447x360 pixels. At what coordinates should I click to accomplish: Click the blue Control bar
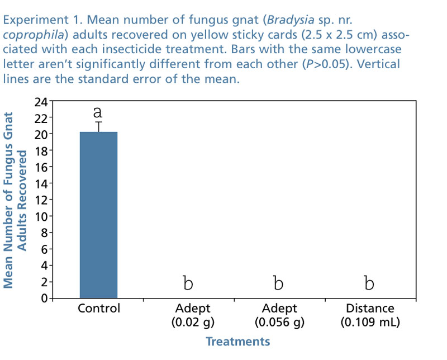point(98,215)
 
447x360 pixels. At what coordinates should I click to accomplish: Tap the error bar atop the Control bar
point(98,126)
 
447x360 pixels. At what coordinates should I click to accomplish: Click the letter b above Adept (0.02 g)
point(188,283)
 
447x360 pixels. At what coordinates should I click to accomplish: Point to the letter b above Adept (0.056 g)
point(278,283)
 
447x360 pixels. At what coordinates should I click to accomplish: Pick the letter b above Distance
point(369,283)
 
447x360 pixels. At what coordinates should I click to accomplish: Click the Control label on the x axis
point(99,309)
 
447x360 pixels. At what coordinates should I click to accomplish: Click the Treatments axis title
point(237,342)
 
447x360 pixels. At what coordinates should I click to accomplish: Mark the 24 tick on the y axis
point(41,102)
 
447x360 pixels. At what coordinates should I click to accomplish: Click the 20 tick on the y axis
point(41,134)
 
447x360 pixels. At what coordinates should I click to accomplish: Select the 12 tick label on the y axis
point(41,200)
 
